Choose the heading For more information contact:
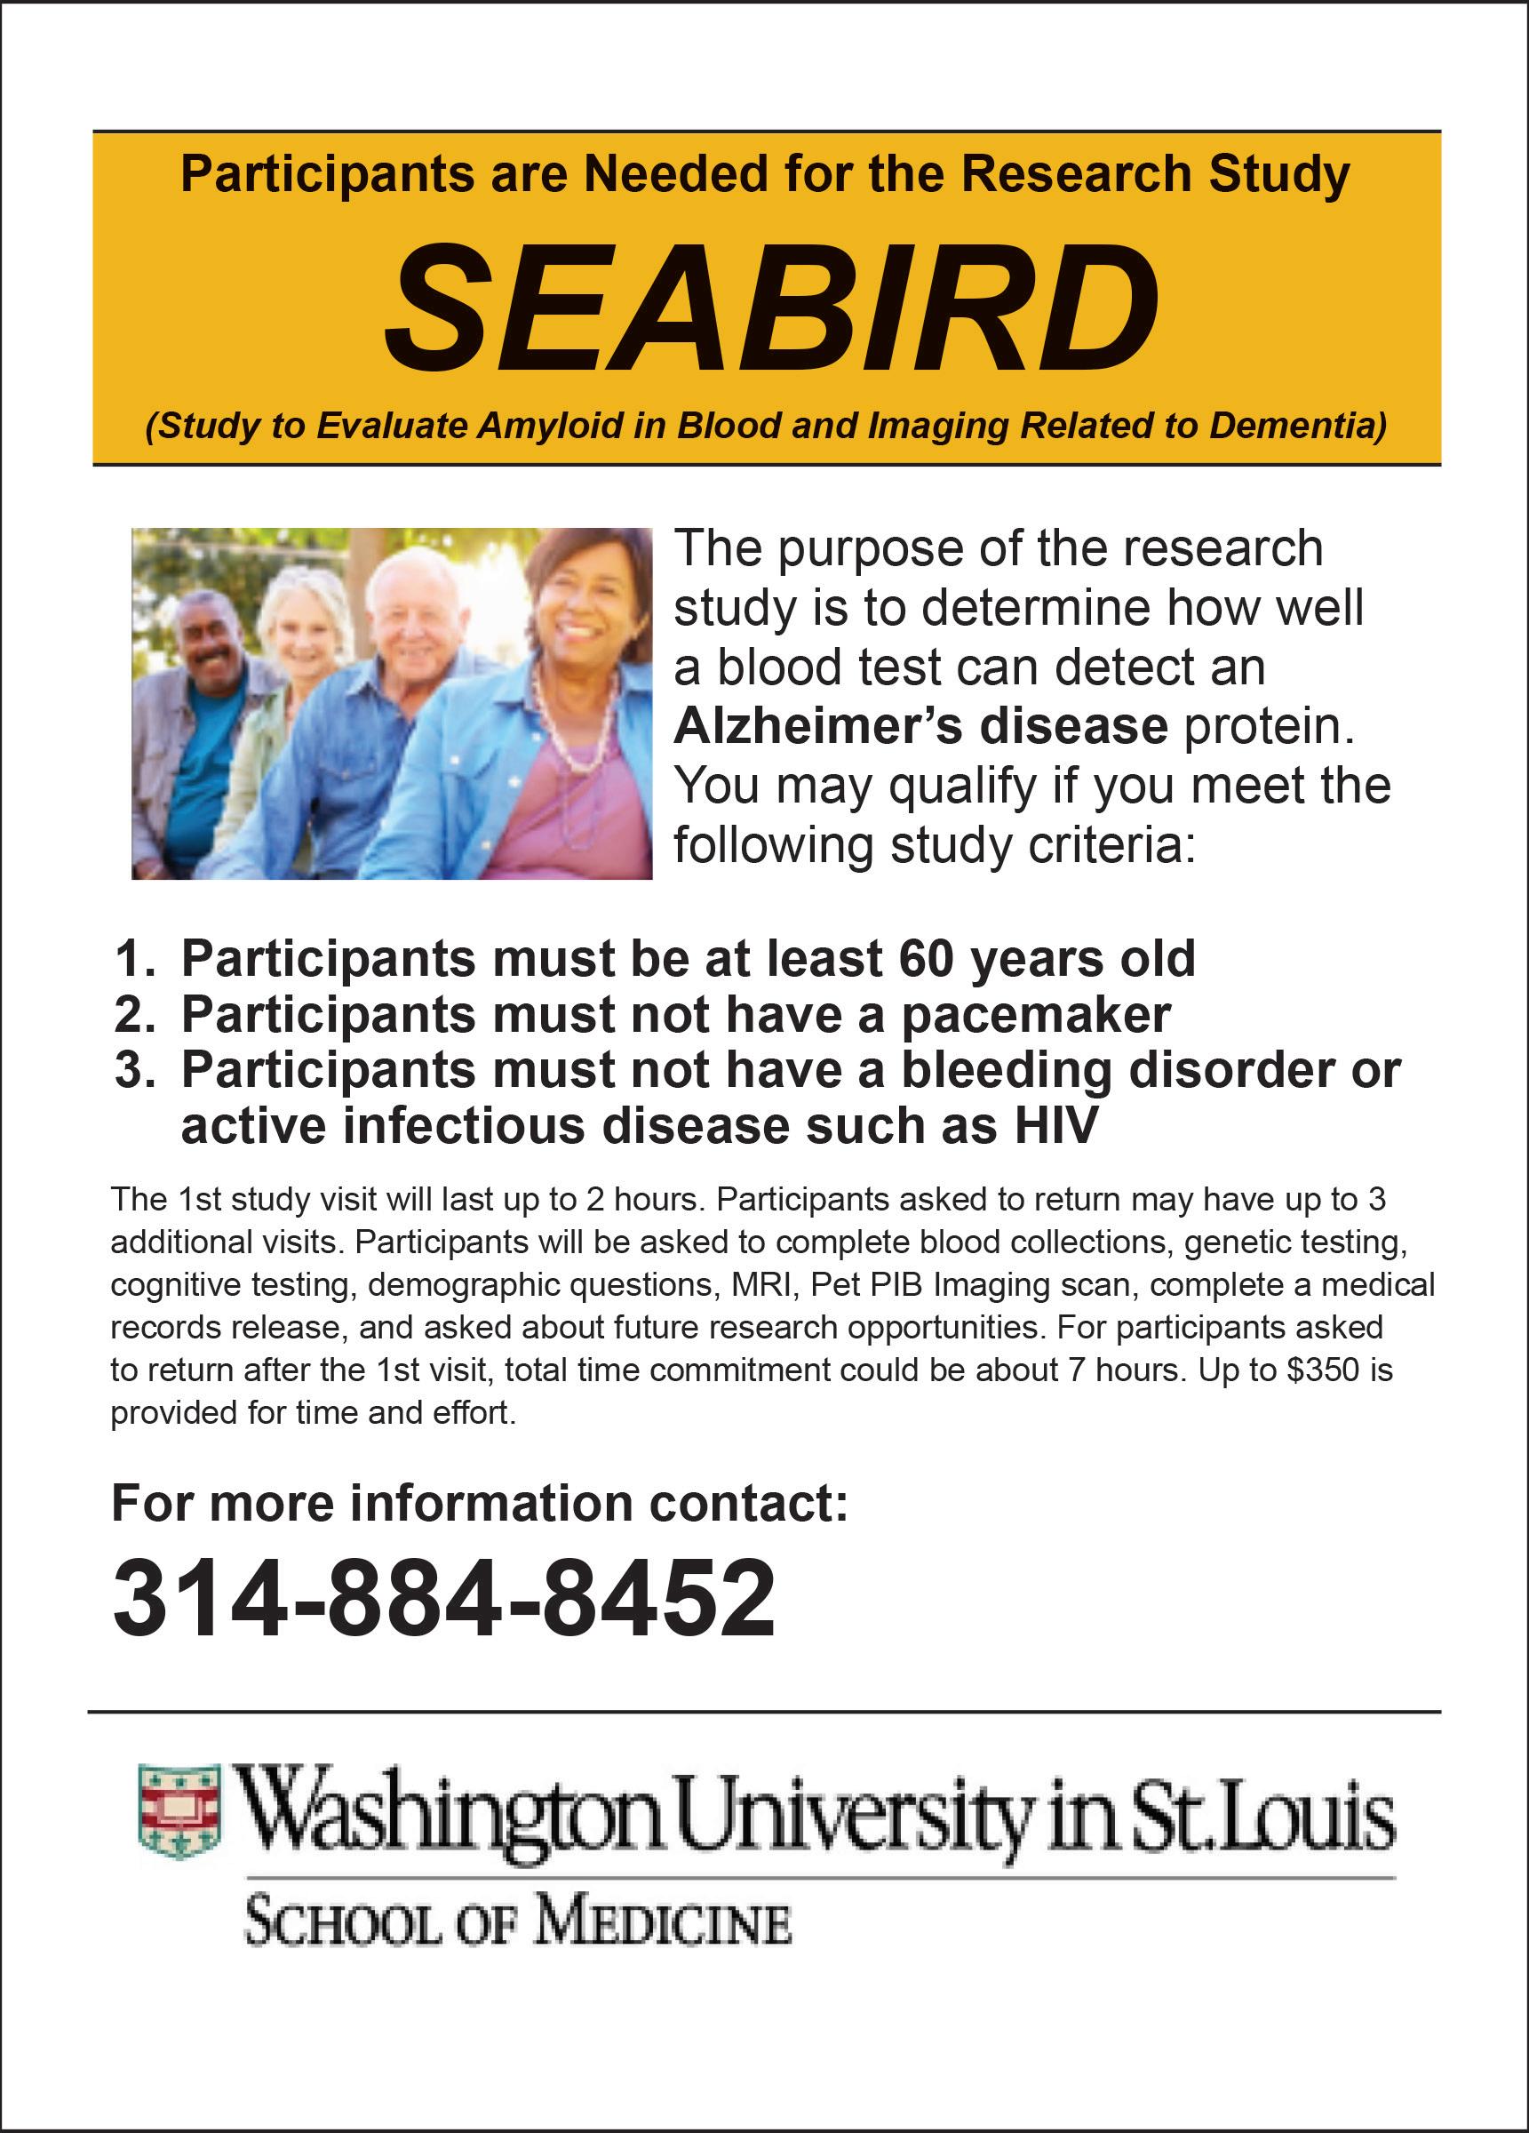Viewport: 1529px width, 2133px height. (x=480, y=1503)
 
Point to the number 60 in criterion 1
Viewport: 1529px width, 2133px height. (x=928, y=959)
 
